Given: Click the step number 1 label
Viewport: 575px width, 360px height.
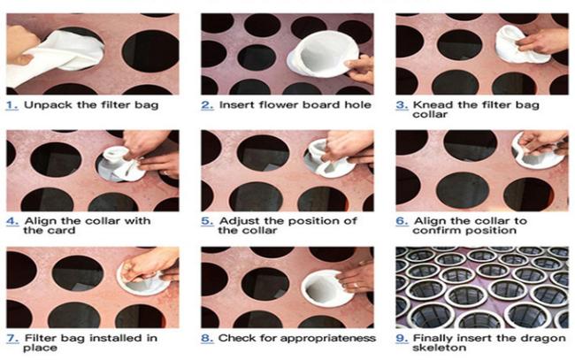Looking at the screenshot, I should pos(12,105).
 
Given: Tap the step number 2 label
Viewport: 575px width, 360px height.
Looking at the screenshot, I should pos(207,105).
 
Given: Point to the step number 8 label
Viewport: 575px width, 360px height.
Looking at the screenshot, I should pos(207,338).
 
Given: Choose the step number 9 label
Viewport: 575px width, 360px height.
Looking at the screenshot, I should pos(402,338).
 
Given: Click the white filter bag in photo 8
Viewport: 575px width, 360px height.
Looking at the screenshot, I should pos(326,287).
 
